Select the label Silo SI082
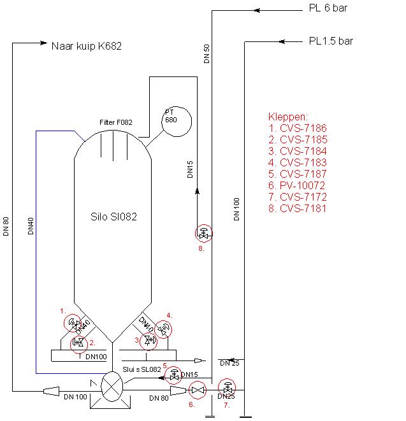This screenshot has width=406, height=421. click(x=114, y=217)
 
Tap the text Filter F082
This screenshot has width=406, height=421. click(x=115, y=122)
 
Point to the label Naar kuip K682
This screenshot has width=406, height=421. click(x=86, y=46)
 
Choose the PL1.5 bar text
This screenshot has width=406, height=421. click(x=331, y=41)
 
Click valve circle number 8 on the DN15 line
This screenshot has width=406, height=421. click(x=203, y=234)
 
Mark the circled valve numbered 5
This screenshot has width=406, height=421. click(x=173, y=375)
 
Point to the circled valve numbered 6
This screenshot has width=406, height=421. click(x=198, y=389)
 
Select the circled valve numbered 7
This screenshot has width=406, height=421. click(x=227, y=387)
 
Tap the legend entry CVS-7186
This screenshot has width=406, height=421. click(x=298, y=129)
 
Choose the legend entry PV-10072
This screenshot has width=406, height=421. click(x=297, y=185)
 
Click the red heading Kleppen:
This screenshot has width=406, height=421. click(x=288, y=118)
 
